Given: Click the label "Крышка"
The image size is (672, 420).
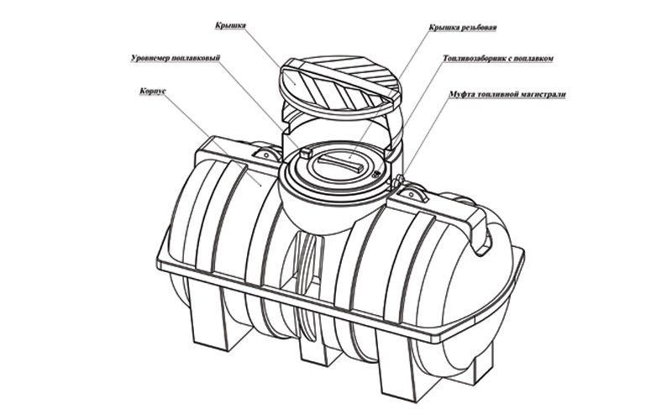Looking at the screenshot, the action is click(x=230, y=25).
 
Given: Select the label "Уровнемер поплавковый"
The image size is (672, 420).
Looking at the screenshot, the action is click(x=176, y=58).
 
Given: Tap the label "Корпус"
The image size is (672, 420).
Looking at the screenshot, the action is click(x=153, y=92).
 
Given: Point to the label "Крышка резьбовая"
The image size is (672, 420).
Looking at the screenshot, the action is click(x=463, y=28).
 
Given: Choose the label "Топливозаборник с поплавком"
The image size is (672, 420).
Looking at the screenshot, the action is click(x=498, y=58).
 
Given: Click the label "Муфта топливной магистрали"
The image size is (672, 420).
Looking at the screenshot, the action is click(x=507, y=94).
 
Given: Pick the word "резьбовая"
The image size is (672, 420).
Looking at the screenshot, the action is click(x=479, y=28).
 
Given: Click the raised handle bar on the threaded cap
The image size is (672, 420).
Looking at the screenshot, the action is click(x=342, y=163).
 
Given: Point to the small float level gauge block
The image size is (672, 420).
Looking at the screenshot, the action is click(x=305, y=153).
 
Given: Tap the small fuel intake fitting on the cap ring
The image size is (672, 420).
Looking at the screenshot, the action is click(x=375, y=174).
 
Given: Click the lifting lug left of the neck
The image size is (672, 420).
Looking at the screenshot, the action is click(x=265, y=155).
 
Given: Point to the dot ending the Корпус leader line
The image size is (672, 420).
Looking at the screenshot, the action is click(x=261, y=185).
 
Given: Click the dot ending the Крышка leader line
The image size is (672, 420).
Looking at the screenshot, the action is click(x=294, y=81).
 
